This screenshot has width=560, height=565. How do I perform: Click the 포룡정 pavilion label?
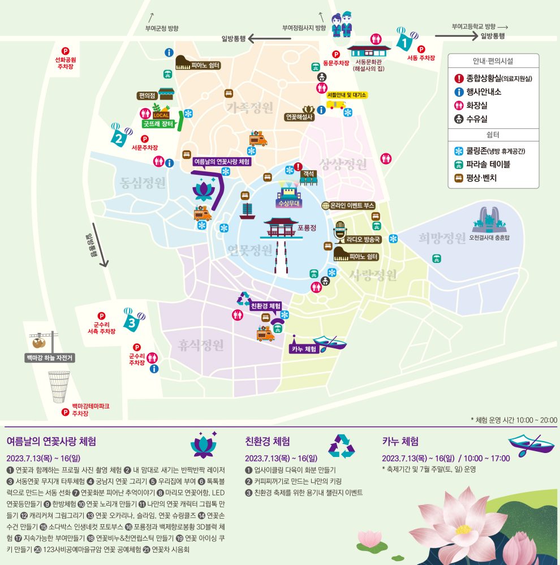pyautogui.click(x=307, y=227)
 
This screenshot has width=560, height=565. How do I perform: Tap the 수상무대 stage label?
pyautogui.click(x=290, y=202)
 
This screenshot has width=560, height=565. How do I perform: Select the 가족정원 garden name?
pyautogui.click(x=249, y=107)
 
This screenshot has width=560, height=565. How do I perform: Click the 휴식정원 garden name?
pyautogui.click(x=201, y=344)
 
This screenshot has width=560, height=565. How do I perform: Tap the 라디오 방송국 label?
pyautogui.click(x=364, y=239)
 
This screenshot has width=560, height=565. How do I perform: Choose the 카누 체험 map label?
pyautogui.click(x=304, y=349)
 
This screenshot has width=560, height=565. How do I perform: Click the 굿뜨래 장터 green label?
pyautogui.click(x=158, y=124)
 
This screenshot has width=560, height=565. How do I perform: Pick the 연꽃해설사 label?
pyautogui.click(x=299, y=117)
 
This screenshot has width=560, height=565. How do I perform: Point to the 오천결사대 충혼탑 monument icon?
pyautogui.click(x=489, y=221)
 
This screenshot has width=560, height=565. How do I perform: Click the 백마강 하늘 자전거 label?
pyautogui.click(x=50, y=357)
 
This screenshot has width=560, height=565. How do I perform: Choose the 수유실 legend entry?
pyautogui.click(x=476, y=119)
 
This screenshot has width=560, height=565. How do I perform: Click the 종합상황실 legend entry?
pyautogui.click(x=494, y=79)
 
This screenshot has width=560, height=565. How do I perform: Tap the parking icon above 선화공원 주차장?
pyautogui.click(x=65, y=51)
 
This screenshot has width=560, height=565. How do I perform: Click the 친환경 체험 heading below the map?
pyautogui.click(x=268, y=441)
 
